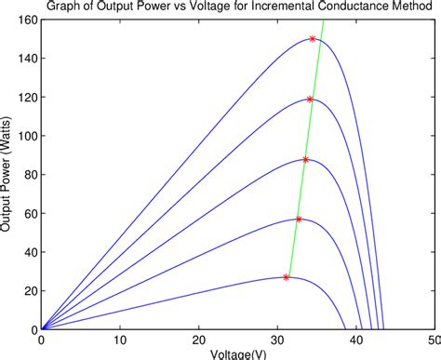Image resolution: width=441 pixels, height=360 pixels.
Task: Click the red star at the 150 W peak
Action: tap(313, 38)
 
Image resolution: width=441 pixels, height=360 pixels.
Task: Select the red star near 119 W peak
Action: tap(310, 99)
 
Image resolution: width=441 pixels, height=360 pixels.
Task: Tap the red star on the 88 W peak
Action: tap(305, 159)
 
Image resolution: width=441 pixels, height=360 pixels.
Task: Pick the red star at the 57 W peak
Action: tap(299, 219)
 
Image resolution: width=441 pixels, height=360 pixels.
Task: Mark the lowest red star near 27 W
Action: tap(287, 277)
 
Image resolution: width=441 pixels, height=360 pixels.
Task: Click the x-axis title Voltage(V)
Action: tap(238, 354)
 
